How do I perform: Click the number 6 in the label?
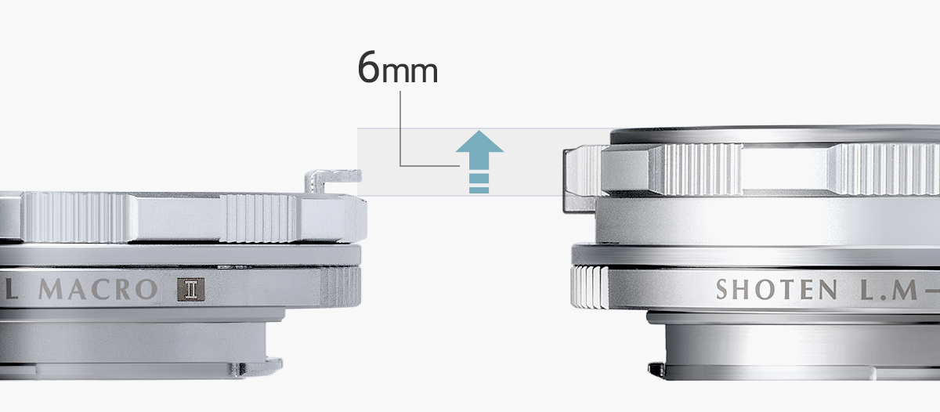(369, 67)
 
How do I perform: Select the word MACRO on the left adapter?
(98, 290)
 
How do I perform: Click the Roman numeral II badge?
(191, 290)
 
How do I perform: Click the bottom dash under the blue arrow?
(479, 190)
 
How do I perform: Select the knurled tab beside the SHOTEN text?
(589, 287)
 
